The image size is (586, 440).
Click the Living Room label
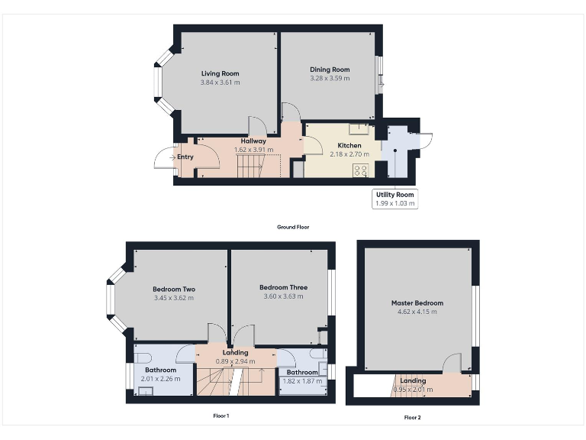coord(221,73)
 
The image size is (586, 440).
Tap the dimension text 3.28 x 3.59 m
coord(330,78)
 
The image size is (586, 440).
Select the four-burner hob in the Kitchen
coord(360,170)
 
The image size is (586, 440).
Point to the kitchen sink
coord(359,129)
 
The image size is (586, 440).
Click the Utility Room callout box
coord(394,199)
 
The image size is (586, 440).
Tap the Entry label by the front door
coord(185,157)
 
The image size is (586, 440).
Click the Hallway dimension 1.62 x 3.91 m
coord(253,150)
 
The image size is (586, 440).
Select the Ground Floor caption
coord(293,227)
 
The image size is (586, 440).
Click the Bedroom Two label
coord(174,290)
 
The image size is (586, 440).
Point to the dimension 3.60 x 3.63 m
coord(283,297)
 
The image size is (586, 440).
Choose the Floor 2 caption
coord(412,417)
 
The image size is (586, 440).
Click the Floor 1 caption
coord(221,416)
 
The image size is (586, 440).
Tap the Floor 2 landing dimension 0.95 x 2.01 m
coord(413,390)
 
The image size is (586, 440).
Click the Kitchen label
coord(349,145)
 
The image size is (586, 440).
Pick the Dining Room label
coord(330,70)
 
